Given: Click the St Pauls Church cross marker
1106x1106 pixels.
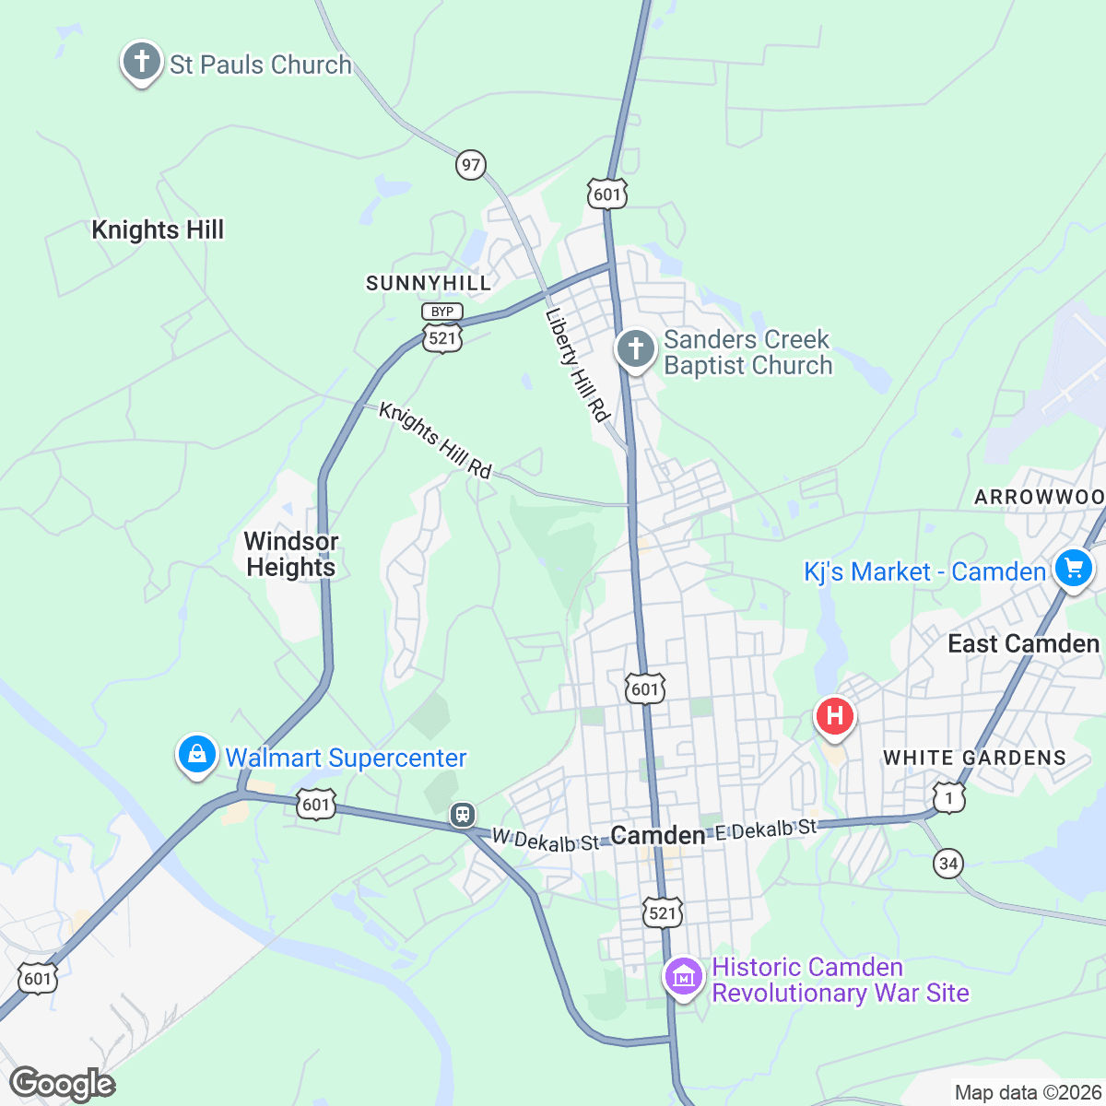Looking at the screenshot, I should (x=141, y=62).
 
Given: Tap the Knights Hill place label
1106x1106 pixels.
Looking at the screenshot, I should (x=158, y=229).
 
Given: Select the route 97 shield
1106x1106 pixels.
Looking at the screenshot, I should (x=471, y=165).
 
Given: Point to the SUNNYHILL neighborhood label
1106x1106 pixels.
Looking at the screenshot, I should (x=429, y=283).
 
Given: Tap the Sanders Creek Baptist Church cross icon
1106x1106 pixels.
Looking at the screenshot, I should (x=635, y=349).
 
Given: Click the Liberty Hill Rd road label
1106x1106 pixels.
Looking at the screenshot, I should (x=578, y=365).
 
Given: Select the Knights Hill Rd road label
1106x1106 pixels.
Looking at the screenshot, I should (x=435, y=440).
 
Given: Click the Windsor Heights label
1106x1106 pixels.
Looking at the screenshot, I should (x=291, y=554).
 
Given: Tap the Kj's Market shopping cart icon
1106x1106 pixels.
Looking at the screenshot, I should (x=1074, y=567).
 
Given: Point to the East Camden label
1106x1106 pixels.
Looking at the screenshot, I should (x=1024, y=643).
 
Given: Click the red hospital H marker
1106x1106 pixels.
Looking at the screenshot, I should (x=835, y=716).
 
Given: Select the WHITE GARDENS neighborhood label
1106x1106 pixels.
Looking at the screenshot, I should (x=974, y=758).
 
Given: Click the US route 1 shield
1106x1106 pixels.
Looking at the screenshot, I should (x=948, y=797).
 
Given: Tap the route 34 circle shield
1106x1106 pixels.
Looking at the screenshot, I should (x=948, y=864).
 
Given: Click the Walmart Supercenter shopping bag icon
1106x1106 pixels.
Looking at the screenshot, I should (x=196, y=755).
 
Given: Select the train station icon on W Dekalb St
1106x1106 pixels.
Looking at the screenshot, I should (x=462, y=815).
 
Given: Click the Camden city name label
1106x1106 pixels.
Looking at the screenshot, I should (x=657, y=836).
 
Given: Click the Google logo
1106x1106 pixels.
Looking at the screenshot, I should (x=62, y=1084).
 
